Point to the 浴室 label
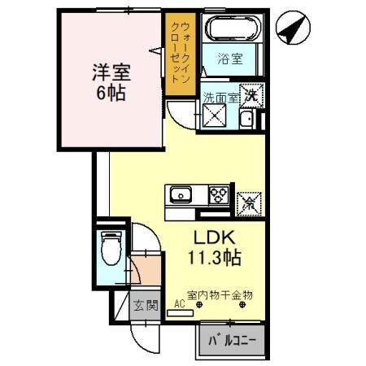point(230,59)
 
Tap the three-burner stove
point(218,194)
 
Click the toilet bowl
point(111,245)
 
